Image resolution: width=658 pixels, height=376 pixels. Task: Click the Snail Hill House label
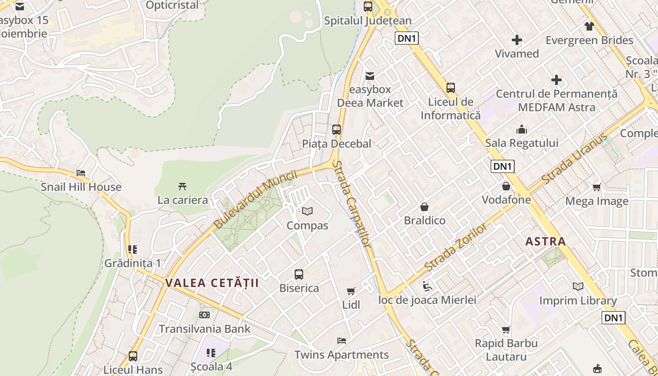pyautogui.click(x=81, y=187)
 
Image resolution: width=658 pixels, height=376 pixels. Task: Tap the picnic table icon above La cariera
pyautogui.click(x=182, y=186)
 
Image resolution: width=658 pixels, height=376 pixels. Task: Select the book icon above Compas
pyautogui.click(x=307, y=211)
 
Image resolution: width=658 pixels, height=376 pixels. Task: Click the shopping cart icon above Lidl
pyautogui.click(x=351, y=291)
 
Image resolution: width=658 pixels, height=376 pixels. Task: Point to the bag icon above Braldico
pyautogui.click(x=424, y=207)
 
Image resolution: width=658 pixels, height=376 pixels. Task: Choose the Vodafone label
pyautogui.click(x=506, y=200)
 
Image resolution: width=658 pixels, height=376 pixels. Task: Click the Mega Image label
pyautogui.click(x=596, y=201)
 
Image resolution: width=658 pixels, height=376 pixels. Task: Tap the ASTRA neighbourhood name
pyautogui.click(x=545, y=242)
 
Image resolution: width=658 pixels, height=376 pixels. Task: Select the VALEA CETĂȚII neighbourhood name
pyautogui.click(x=212, y=283)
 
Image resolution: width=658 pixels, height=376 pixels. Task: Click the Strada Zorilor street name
pyautogui.click(x=455, y=247)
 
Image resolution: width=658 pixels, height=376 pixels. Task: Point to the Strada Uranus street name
pyautogui.click(x=574, y=159)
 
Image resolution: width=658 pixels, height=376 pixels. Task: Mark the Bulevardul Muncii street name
pyautogui.click(x=255, y=199)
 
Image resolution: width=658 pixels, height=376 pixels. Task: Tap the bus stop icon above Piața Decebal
pyautogui.click(x=337, y=130)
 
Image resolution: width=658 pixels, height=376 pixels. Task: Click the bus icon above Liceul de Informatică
pyautogui.click(x=451, y=88)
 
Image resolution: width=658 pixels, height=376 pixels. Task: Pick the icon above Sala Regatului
pyautogui.click(x=522, y=129)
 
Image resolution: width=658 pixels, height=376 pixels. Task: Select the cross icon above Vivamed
pyautogui.click(x=517, y=40)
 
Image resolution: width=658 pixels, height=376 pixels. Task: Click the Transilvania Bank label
pyautogui.click(x=204, y=329)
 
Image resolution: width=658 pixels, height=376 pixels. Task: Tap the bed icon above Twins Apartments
pyautogui.click(x=342, y=341)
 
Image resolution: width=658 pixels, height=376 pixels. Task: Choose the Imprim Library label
pyautogui.click(x=578, y=300)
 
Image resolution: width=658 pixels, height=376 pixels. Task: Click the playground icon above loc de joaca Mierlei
pyautogui.click(x=427, y=286)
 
